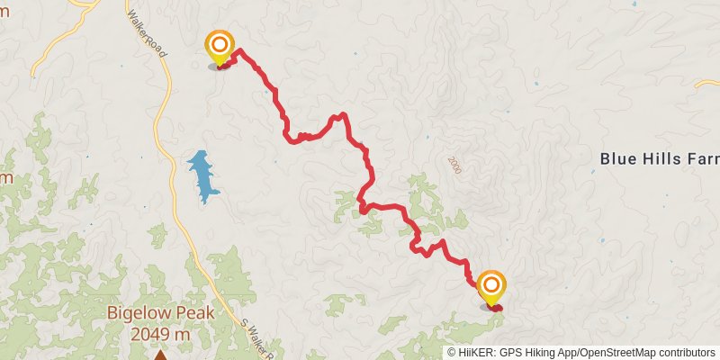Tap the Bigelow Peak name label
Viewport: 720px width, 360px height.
[160, 313]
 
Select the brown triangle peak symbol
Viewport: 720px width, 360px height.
[160, 355]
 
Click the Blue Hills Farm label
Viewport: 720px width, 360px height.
[659, 159]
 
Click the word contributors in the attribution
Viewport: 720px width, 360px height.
[689, 352]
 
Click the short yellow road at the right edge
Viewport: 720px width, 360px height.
[707, 83]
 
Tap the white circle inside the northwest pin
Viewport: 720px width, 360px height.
[219, 43]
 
